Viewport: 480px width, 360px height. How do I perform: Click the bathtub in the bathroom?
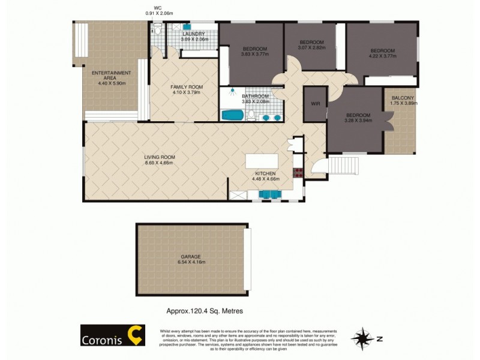230,115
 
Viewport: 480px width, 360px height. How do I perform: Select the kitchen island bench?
262,160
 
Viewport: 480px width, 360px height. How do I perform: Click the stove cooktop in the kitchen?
298,173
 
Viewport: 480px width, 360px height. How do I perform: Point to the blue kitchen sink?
269,193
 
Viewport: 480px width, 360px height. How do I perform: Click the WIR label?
315,104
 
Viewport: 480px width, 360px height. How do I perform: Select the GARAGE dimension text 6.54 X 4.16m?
191,262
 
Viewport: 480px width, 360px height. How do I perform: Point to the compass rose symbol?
361,338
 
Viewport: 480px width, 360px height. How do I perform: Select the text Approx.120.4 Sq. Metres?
204,311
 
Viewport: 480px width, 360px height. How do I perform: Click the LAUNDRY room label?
194,34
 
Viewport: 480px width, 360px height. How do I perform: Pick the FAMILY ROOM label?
185,87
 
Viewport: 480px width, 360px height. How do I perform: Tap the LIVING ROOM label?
159,157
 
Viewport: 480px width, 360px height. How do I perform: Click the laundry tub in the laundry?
187,27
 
